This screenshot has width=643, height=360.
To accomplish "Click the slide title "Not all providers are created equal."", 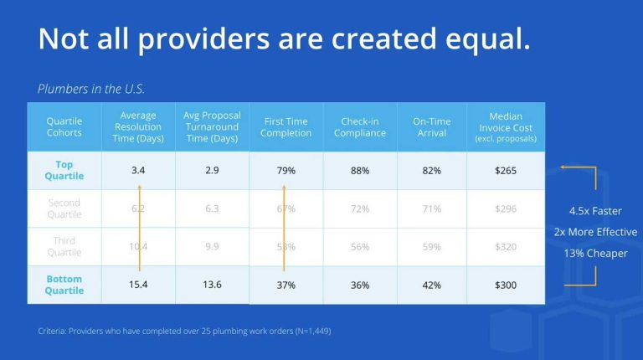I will tap(285, 40).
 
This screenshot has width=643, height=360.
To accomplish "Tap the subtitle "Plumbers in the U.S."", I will tap(92, 89).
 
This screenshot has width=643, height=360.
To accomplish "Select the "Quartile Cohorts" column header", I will tap(64, 127).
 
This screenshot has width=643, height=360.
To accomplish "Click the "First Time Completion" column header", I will tap(285, 127).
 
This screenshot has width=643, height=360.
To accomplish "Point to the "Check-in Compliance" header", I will tap(360, 127).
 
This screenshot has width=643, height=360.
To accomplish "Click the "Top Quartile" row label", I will tap(64, 170).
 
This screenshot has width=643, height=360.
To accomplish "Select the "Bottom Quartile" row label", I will tap(64, 285).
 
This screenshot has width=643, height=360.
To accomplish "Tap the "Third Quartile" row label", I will tap(64, 246).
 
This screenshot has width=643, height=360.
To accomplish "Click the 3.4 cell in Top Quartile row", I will tap(139, 171).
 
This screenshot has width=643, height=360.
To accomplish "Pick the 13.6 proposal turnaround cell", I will tap(212, 285).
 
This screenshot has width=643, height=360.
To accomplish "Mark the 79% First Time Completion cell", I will tap(285, 171).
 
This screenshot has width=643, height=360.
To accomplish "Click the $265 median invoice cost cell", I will tap(506, 171).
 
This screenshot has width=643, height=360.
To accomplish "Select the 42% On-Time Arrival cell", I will tap(432, 285).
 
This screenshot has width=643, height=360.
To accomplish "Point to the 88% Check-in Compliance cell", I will tap(360, 171).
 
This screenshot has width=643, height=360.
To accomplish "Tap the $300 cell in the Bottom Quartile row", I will tap(506, 285).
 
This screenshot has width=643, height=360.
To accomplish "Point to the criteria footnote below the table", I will tap(184, 331).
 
